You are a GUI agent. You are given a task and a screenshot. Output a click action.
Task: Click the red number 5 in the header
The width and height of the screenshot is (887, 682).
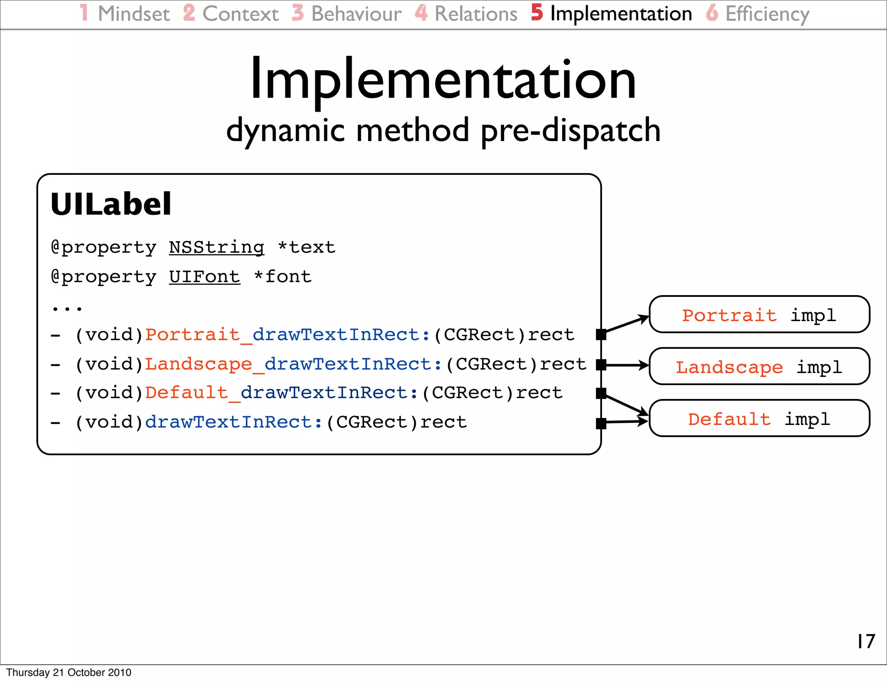(537, 13)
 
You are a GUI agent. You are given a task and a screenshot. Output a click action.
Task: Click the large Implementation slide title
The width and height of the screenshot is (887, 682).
(443, 80)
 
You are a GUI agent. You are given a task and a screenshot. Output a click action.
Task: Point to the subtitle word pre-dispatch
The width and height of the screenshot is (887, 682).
(570, 131)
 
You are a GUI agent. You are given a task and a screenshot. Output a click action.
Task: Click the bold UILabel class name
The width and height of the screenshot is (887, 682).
(111, 204)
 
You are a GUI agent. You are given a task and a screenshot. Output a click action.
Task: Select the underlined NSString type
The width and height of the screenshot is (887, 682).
(217, 248)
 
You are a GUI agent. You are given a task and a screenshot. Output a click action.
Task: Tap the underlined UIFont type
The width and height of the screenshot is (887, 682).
(204, 277)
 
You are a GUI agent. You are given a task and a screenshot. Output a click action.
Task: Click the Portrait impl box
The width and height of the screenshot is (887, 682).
(759, 315)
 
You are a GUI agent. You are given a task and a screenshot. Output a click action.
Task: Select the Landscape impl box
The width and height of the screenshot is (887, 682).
(759, 367)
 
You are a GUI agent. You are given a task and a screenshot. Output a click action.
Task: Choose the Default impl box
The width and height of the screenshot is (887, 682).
(759, 418)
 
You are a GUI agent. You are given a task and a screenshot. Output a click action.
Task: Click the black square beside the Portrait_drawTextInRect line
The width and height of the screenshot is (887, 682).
(601, 335)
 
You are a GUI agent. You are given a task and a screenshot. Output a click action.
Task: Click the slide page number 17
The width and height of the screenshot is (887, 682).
(866, 641)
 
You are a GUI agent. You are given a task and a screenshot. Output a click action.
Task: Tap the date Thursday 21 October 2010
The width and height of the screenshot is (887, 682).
(68, 672)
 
